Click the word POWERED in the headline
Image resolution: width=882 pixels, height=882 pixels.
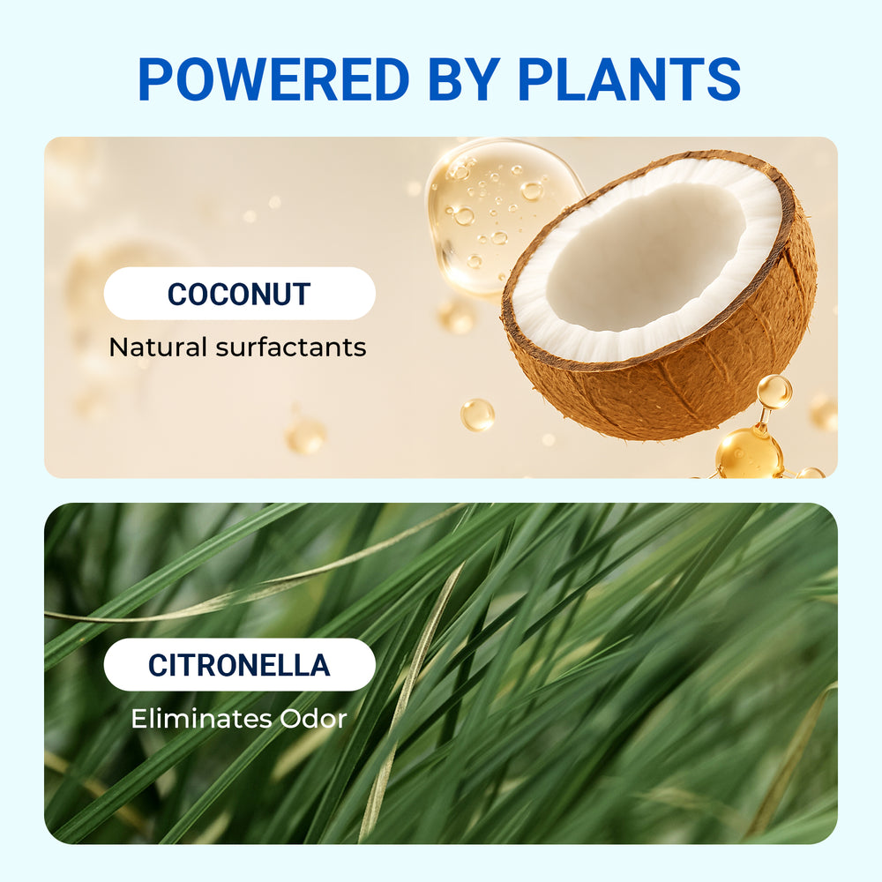273,79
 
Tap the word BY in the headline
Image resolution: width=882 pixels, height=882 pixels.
464,79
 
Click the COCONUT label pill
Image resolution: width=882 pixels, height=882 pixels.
240,294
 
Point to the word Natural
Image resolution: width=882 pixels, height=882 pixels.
158,347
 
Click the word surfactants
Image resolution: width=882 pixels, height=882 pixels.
291,347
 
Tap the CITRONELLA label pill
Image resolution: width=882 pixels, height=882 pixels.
240,665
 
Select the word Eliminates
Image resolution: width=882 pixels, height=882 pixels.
200,719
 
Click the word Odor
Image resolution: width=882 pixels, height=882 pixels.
313,719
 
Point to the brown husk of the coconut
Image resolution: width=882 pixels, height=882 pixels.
691,383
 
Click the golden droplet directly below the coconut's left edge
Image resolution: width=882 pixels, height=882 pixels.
477,415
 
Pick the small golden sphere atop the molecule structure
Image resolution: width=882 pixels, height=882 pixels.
774,392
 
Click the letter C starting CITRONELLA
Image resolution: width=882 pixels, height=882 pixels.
158,665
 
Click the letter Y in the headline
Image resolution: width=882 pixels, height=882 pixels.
482,79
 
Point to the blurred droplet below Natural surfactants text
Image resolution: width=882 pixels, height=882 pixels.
305,436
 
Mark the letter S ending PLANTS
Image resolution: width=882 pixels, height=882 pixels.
723,79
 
